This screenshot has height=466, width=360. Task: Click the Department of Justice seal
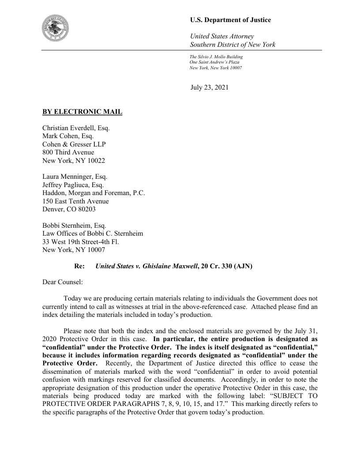click(58, 27)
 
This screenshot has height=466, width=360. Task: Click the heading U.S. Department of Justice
click(230, 20)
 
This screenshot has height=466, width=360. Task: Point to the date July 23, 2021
click(210, 87)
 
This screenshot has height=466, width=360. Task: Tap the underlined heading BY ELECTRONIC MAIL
click(82, 112)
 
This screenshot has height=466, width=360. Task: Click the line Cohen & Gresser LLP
click(74, 144)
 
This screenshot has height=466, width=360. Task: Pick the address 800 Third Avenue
click(68, 153)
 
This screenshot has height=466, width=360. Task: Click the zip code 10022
click(96, 161)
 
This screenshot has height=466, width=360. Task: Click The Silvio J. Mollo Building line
click(216, 57)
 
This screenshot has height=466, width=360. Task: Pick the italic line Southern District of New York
click(232, 45)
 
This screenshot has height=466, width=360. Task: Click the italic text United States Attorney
click(221, 36)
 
